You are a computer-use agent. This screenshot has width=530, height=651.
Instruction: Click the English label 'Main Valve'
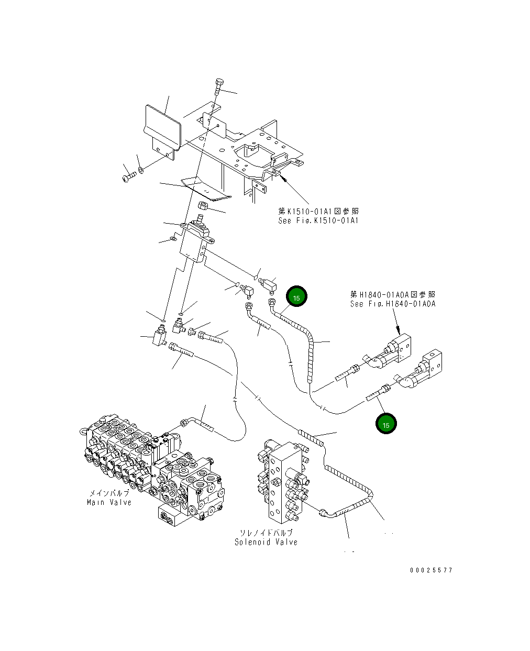[x=109, y=502]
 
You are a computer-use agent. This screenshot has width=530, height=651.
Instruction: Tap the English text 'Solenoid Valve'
[x=266, y=542]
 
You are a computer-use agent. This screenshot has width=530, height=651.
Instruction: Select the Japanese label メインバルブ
[x=109, y=493]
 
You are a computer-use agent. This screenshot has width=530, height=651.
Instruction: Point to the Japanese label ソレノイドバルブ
[x=266, y=533]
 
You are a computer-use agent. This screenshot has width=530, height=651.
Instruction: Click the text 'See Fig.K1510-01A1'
[x=318, y=220]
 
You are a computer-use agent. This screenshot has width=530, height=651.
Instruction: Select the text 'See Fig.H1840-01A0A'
[x=392, y=304]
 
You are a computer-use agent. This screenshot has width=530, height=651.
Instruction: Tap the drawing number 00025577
[x=431, y=570]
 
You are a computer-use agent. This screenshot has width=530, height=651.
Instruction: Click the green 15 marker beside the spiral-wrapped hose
[x=296, y=296]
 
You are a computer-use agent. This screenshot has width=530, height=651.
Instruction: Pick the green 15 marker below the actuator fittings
[x=385, y=424]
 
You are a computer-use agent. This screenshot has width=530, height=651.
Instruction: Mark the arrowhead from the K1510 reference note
[x=283, y=178]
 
